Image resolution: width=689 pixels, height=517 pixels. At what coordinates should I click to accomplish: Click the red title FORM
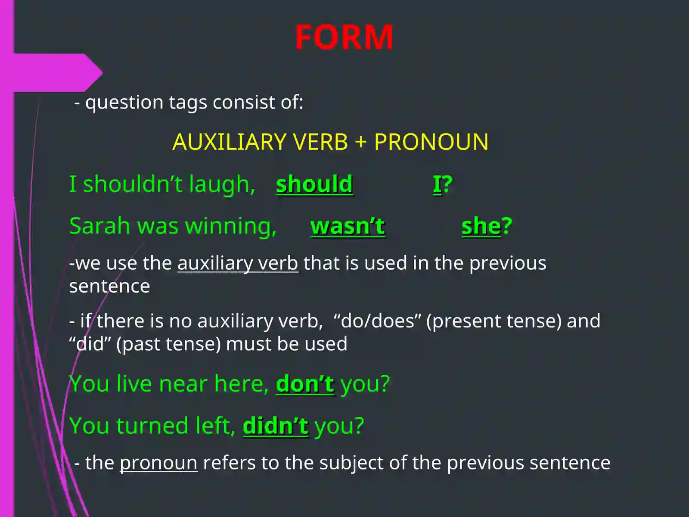point(344,37)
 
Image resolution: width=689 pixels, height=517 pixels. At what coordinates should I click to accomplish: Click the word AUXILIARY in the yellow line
point(230,142)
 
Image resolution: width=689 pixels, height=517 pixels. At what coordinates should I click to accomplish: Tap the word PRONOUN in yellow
point(431,142)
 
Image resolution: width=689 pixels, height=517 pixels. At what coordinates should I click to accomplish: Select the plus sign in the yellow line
point(361,143)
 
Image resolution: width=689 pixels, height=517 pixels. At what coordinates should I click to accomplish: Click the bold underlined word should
point(314,184)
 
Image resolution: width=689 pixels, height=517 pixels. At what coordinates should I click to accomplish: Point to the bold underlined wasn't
point(348,226)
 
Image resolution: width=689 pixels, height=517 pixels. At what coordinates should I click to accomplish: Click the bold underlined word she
point(481,226)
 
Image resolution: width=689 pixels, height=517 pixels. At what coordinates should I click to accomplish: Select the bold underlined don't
point(305,384)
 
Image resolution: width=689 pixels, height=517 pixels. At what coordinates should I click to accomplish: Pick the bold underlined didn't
point(276,426)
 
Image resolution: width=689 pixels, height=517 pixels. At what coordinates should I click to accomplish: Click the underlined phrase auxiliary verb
point(238,263)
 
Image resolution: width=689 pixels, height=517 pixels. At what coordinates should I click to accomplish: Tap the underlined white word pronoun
point(158,463)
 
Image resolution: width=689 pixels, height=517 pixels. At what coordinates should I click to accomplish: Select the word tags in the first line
point(188,103)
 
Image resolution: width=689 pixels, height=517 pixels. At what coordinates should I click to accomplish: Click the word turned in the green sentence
point(152,426)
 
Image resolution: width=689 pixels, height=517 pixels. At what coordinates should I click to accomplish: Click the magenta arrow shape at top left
point(56,72)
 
